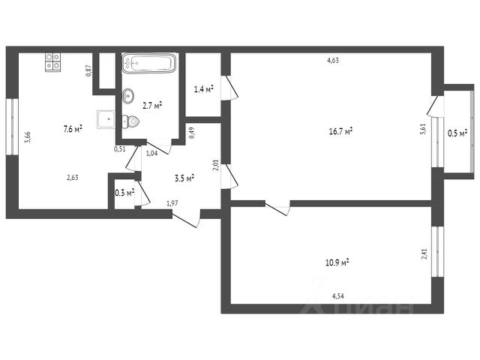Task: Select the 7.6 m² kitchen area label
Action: [x=73, y=128]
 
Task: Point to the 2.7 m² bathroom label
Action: [x=152, y=106]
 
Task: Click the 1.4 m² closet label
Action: [x=203, y=89]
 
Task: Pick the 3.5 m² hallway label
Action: [x=184, y=178]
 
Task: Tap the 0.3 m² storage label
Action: [x=124, y=193]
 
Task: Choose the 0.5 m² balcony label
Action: [x=457, y=133]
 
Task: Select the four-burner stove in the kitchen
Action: [x=52, y=61]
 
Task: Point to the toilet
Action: [x=132, y=121]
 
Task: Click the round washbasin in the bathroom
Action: [x=127, y=94]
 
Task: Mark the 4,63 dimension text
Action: [x=333, y=61]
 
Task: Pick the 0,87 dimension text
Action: [x=88, y=71]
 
